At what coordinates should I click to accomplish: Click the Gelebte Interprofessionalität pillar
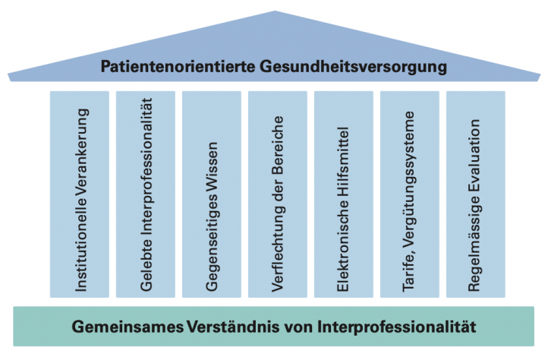[146, 194]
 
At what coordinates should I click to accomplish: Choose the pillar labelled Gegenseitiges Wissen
[212, 194]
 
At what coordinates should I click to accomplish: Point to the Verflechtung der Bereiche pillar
[278, 194]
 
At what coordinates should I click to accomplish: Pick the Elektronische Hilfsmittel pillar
[344, 194]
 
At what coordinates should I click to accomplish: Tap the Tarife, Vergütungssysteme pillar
[410, 194]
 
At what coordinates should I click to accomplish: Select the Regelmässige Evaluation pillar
[475, 194]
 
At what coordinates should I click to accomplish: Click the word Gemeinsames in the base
[127, 328]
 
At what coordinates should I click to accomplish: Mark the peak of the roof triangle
[275, 13]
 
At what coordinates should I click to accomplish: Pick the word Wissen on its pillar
[213, 163]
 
